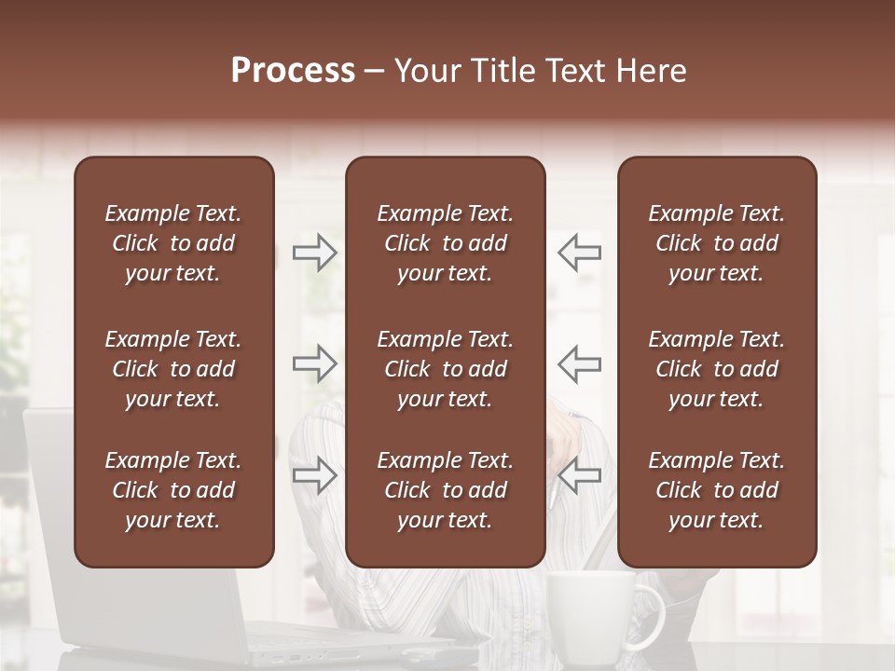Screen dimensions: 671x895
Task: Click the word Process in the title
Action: tap(293, 71)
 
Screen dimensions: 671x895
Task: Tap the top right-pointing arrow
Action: tap(315, 252)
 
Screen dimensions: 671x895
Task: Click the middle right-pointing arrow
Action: tap(315, 363)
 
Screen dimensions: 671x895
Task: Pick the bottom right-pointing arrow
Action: tap(315, 475)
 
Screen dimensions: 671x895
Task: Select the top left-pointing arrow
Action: tap(579, 252)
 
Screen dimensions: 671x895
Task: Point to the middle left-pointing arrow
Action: tap(579, 363)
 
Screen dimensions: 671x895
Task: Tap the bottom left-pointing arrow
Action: tap(579, 475)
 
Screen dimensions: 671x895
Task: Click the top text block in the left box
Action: tap(173, 243)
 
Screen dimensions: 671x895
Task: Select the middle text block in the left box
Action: tap(173, 369)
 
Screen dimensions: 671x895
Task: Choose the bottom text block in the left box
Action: tap(173, 490)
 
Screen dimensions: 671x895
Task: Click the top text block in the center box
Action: tap(445, 243)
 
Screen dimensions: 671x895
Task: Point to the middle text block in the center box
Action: tap(445, 369)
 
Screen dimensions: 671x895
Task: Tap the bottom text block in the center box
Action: tap(445, 490)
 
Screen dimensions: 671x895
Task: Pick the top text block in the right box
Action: tap(716, 243)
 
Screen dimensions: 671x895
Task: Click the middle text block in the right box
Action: tap(716, 369)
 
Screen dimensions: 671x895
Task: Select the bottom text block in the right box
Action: tap(716, 490)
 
